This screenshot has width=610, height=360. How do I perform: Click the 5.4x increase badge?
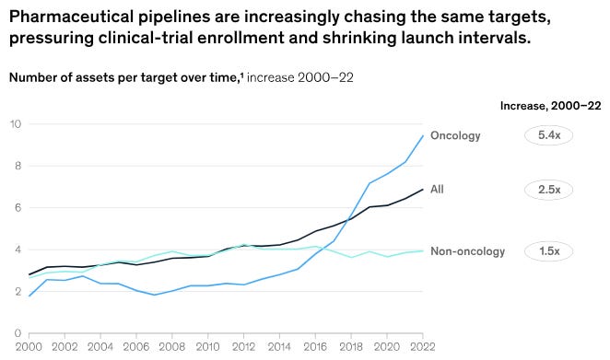pyautogui.click(x=548, y=135)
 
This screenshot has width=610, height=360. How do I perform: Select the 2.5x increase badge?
pyautogui.click(x=548, y=190)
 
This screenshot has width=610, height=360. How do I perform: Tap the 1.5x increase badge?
pyautogui.click(x=548, y=251)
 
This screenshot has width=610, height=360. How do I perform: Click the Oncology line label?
pyautogui.click(x=455, y=135)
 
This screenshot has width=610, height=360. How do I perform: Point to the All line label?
pyautogui.click(x=437, y=190)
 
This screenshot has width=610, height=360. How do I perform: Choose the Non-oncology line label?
pyautogui.click(x=467, y=251)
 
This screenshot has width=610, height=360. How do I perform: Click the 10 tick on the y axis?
pyautogui.click(x=16, y=124)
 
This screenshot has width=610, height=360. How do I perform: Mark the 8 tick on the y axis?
pyautogui.click(x=18, y=166)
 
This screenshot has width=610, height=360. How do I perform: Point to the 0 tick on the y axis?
pyautogui.click(x=18, y=333)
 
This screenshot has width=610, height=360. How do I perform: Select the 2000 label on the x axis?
pyautogui.click(x=29, y=347)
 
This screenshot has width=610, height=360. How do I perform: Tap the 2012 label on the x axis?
pyautogui.click(x=243, y=347)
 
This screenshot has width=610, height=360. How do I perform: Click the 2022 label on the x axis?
pyautogui.click(x=423, y=347)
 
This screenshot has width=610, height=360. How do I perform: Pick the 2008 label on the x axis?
pyautogui.click(x=172, y=347)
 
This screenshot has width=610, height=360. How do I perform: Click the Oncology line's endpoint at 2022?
pyautogui.click(x=423, y=135)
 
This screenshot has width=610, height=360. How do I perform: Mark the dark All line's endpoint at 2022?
pyautogui.click(x=423, y=190)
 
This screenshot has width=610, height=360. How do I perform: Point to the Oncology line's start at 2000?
pyautogui.click(x=29, y=296)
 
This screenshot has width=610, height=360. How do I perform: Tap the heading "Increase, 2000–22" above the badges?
pyautogui.click(x=550, y=106)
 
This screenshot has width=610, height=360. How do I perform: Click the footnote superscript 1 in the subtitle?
pyautogui.click(x=242, y=75)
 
